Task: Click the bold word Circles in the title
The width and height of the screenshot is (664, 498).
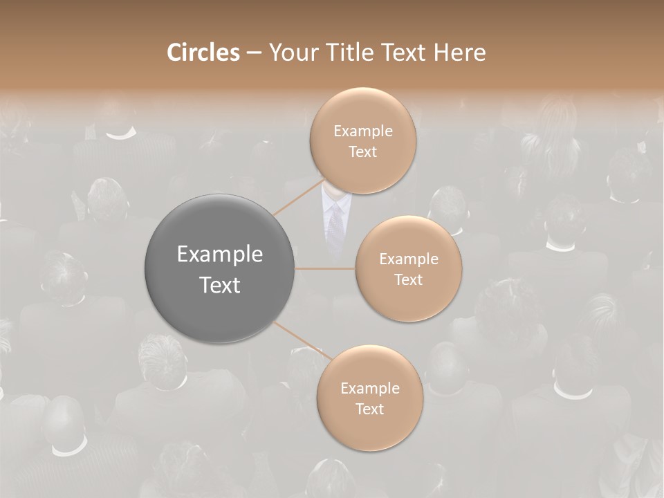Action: click(x=203, y=53)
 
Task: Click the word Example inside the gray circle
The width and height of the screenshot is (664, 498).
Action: click(x=220, y=255)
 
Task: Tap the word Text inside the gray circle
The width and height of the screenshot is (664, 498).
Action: click(x=220, y=285)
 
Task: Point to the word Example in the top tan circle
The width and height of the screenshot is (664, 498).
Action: click(x=363, y=131)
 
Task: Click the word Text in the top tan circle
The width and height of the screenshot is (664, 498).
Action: click(x=362, y=152)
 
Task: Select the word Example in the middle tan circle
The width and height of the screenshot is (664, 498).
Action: click(x=409, y=259)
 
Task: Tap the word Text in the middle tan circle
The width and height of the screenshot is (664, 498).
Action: click(x=409, y=280)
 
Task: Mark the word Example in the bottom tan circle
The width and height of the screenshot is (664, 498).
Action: click(x=370, y=389)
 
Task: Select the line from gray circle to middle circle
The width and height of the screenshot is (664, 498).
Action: click(x=325, y=268)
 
